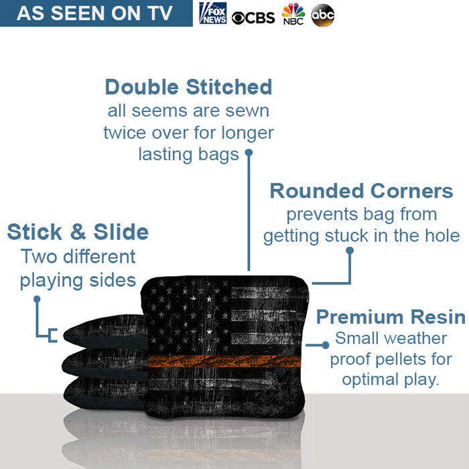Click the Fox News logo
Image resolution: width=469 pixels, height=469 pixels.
pos(213,13)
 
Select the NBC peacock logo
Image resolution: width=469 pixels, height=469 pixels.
pos(293,13)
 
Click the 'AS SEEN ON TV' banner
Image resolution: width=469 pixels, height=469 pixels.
pos(94,13)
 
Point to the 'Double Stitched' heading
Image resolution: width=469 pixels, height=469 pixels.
pos(188,87)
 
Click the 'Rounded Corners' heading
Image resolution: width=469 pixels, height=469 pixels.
pos(361,191)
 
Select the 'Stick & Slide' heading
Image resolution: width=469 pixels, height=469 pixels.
pos(78,232)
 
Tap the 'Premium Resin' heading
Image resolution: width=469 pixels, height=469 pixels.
pos(391,316)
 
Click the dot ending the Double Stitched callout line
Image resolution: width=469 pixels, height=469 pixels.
pos(249,153)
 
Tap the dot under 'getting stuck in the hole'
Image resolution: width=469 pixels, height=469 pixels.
pos(349,251)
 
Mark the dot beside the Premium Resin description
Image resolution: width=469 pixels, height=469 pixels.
pos(326,344)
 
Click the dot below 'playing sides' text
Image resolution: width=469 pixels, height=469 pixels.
pos(37,299)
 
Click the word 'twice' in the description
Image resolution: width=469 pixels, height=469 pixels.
pos(125,133)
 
